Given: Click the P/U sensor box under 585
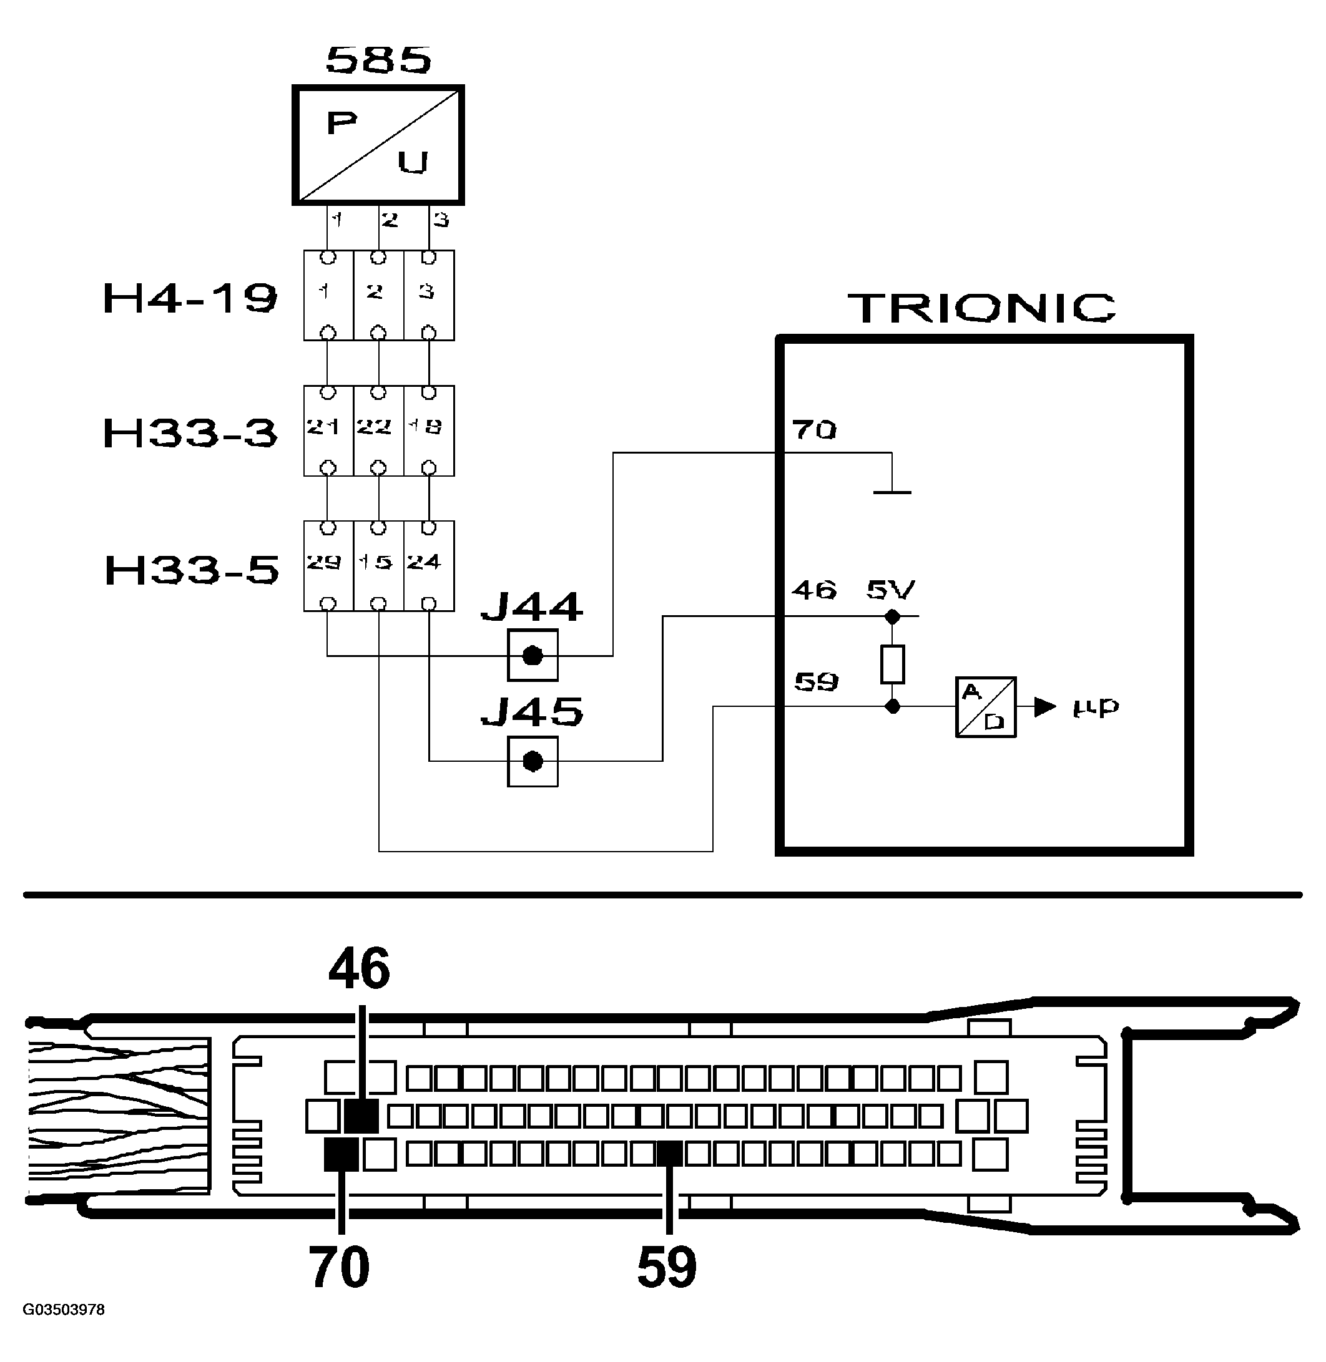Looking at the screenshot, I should pyautogui.click(x=378, y=145).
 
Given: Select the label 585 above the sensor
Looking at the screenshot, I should pyautogui.click(x=379, y=60).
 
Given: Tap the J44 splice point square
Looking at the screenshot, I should pyautogui.click(x=533, y=655).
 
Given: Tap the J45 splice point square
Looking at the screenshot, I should pyautogui.click(x=533, y=761).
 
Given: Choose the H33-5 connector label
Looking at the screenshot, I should pyautogui.click(x=192, y=569).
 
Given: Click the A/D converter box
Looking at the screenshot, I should pyautogui.click(x=985, y=707).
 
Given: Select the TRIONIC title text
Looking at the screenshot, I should pyautogui.click(x=982, y=308).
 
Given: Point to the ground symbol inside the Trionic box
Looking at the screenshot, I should pyautogui.click(x=892, y=492).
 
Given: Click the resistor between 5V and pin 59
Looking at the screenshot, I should pyautogui.click(x=892, y=663).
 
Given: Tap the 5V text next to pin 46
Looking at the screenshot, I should pyautogui.click(x=891, y=590).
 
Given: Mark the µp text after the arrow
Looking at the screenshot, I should pyautogui.click(x=1096, y=707).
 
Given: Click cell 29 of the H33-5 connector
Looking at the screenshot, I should pyautogui.click(x=324, y=562).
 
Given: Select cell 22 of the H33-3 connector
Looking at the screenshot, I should pyautogui.click(x=375, y=427).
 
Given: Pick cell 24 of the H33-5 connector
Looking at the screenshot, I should pyautogui.click(x=424, y=562).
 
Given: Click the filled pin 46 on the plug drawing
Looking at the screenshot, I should pyautogui.click(x=361, y=1116).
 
